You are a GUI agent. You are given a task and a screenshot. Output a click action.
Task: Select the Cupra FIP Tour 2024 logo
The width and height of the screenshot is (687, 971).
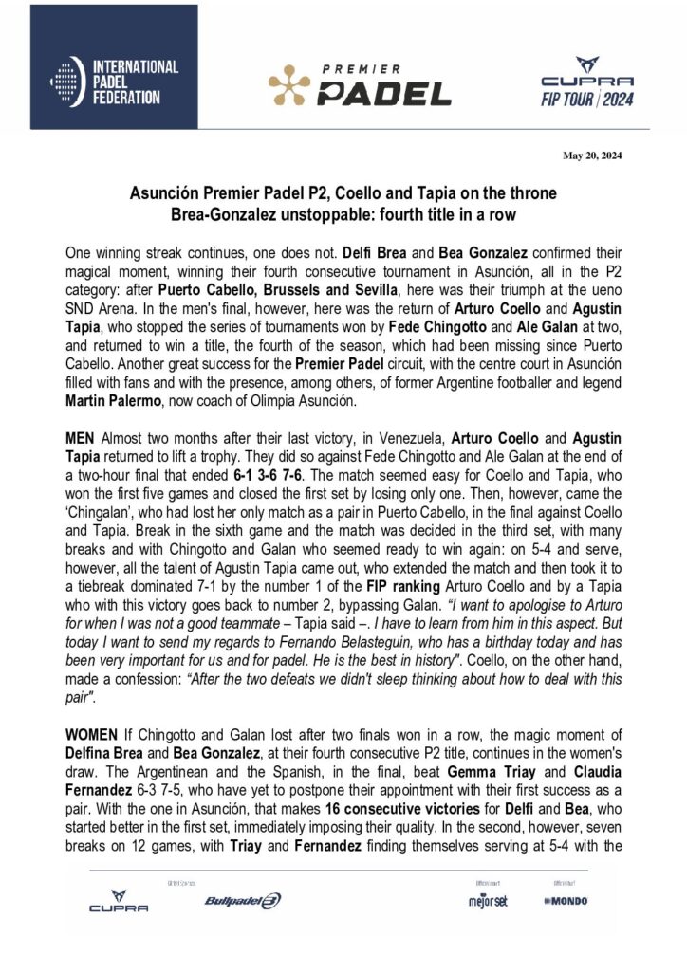click(x=586, y=82)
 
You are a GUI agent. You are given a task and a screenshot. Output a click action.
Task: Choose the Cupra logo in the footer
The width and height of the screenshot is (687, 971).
click(x=119, y=900)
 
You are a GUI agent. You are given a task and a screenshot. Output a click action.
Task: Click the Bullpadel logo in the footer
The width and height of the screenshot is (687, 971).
click(x=243, y=901)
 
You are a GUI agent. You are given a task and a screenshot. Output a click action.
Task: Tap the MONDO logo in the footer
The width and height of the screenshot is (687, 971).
click(x=567, y=901)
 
